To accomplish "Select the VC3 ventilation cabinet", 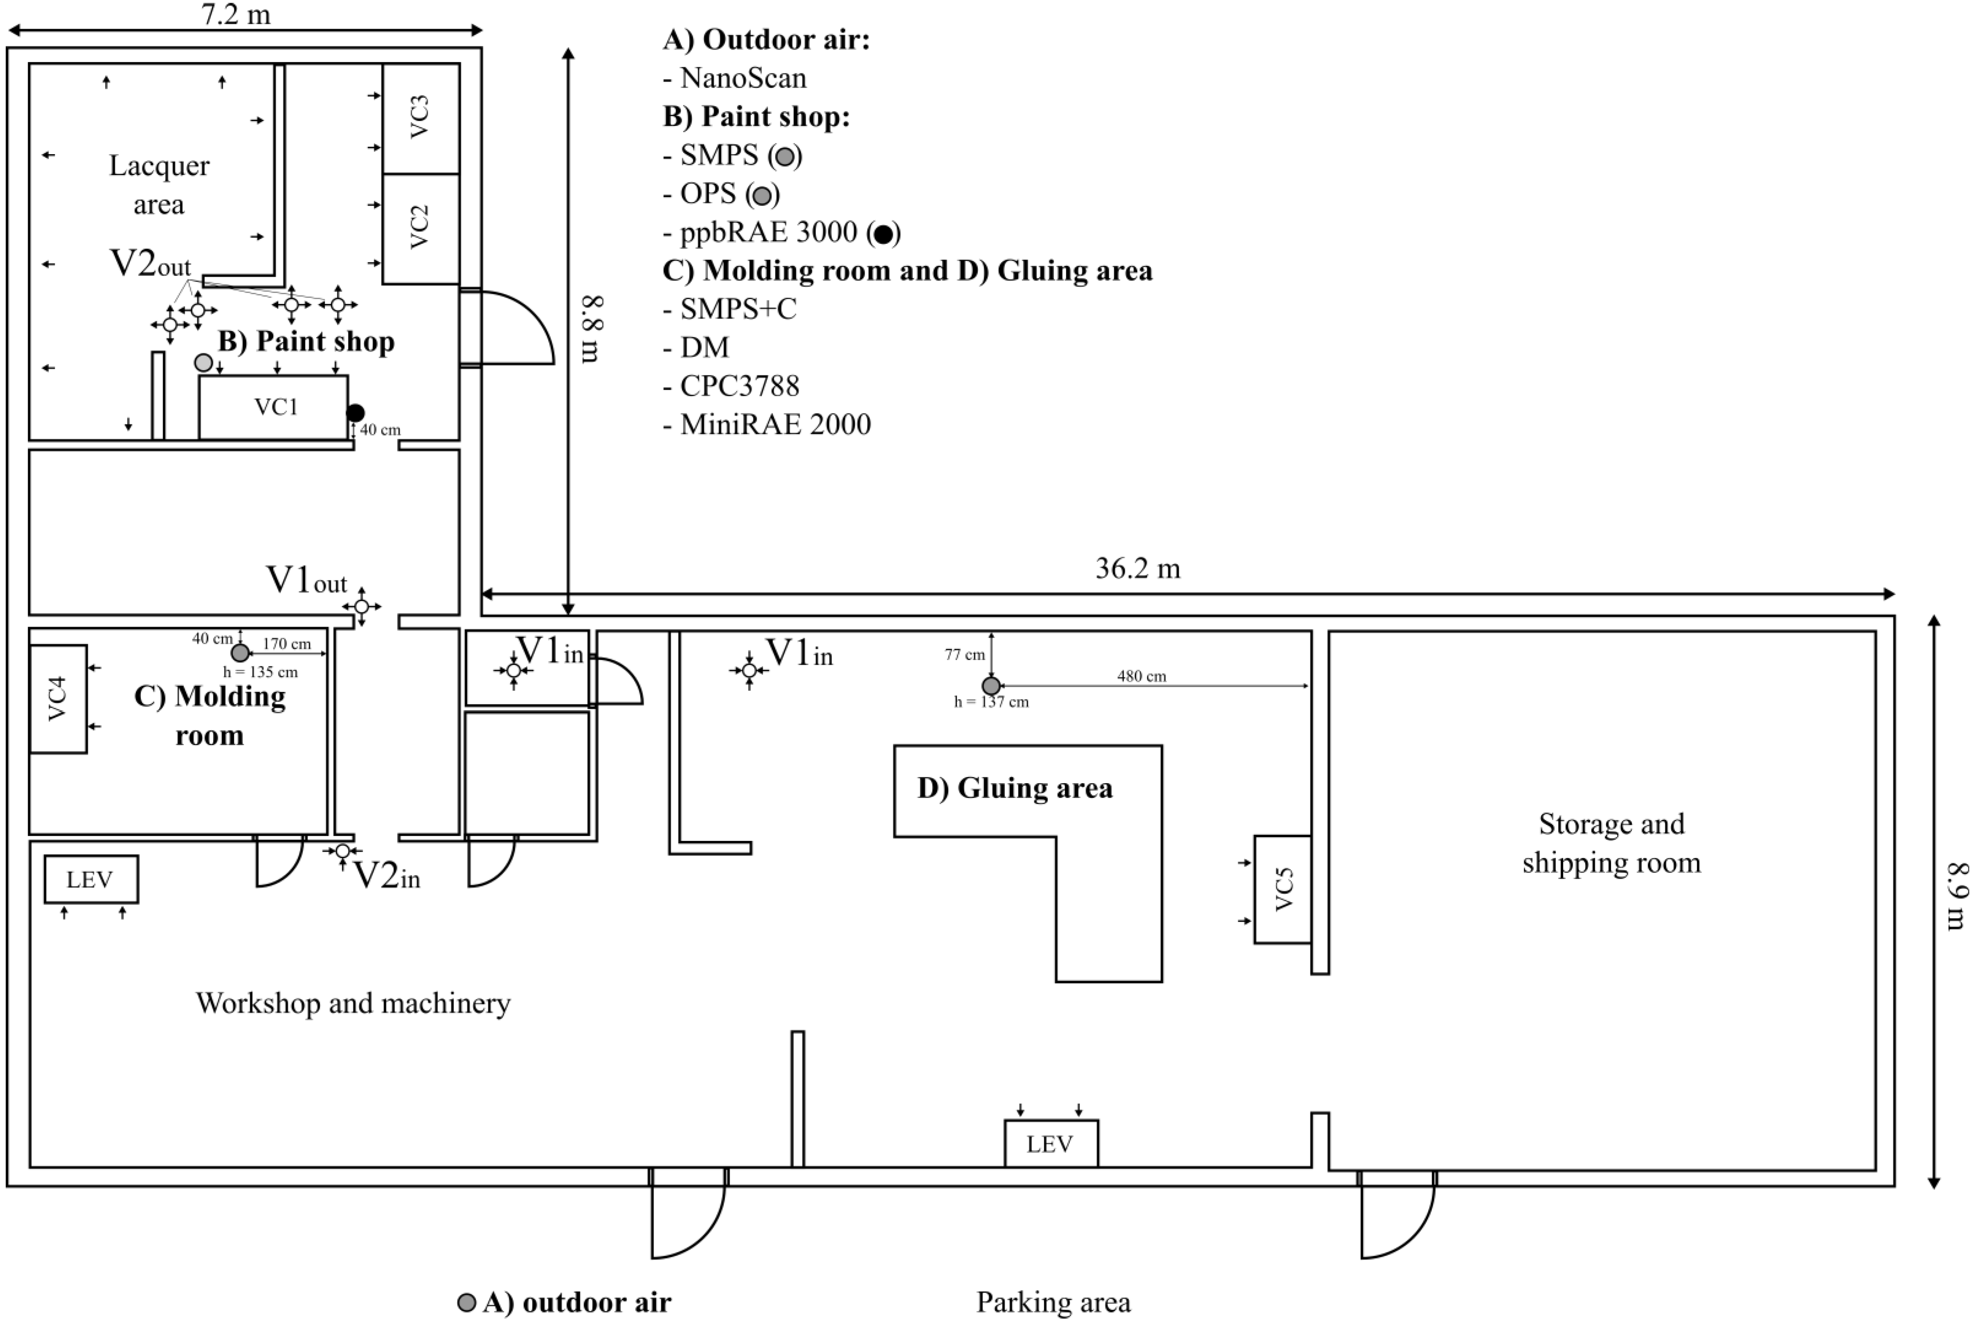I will click(420, 118).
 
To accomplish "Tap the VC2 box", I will click(420, 228).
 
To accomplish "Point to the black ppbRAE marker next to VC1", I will click(355, 413).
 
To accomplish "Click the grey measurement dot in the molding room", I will click(240, 652).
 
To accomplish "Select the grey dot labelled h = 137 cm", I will click(991, 686).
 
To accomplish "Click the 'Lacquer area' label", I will click(159, 184).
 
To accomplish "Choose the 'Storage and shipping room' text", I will click(1611, 842).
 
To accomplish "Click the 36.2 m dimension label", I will click(1137, 568).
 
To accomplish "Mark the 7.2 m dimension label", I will click(236, 14).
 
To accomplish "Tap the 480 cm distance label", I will click(1142, 676).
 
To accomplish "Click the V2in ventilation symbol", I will click(342, 852).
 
